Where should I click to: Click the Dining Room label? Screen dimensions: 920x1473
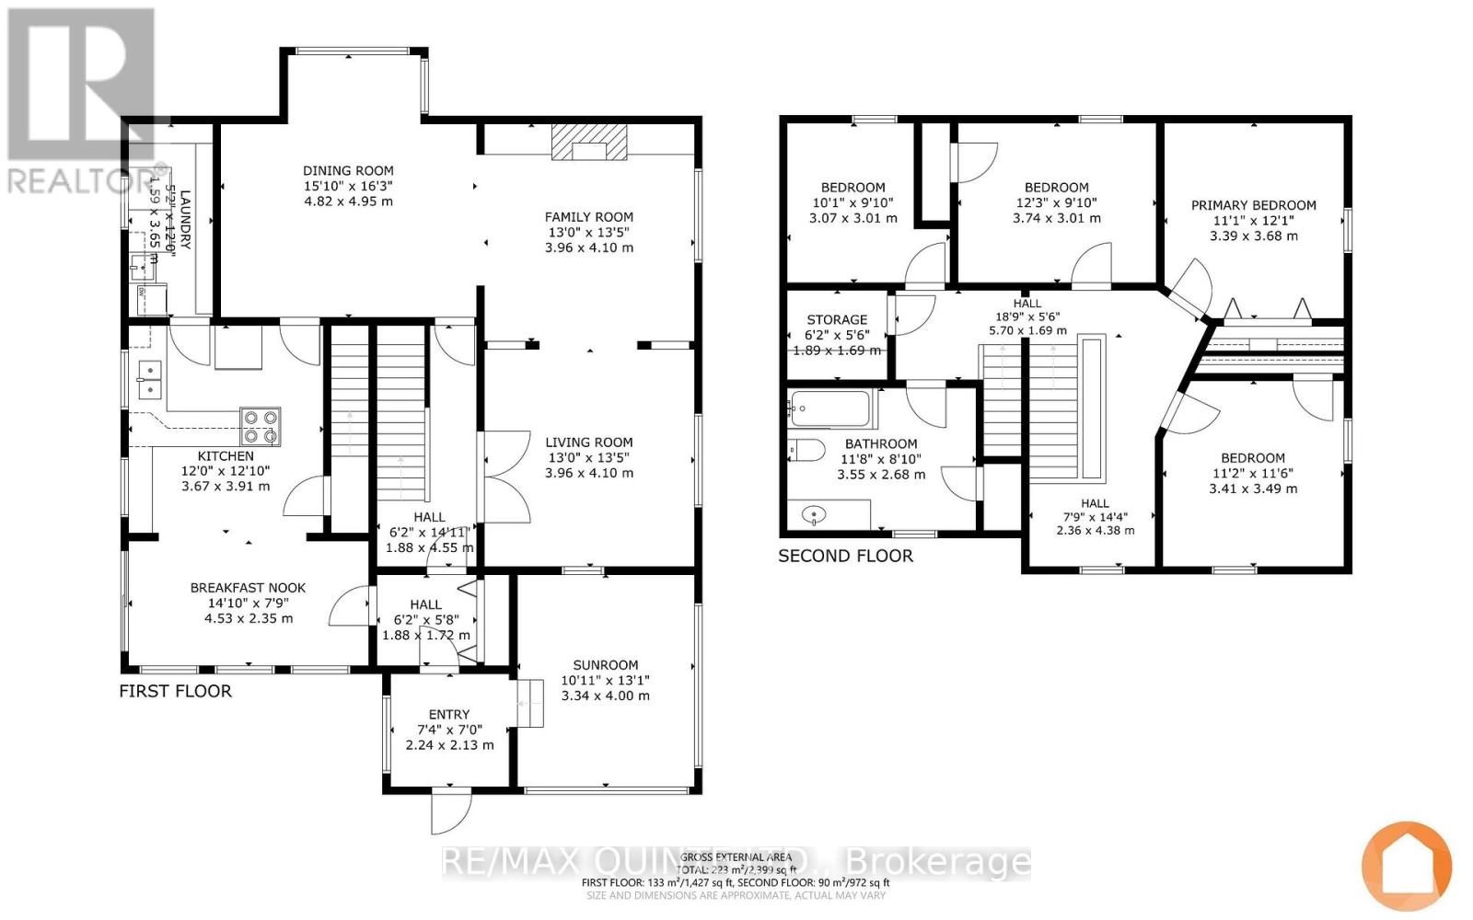click(x=348, y=170)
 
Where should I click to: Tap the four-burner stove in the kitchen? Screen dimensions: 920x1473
click(x=260, y=427)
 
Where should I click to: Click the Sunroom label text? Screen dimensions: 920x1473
click(x=605, y=664)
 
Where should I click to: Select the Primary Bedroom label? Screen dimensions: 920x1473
click(x=1253, y=205)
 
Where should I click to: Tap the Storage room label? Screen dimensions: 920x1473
click(x=837, y=320)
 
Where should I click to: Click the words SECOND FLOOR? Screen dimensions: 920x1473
click(x=845, y=556)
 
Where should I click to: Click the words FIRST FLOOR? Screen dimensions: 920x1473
click(x=175, y=691)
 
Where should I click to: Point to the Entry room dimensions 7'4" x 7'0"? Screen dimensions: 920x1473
click(x=448, y=730)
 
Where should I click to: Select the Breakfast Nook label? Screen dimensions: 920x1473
click(x=248, y=587)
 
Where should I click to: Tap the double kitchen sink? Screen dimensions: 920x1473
click(x=150, y=380)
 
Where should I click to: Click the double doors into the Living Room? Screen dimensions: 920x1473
click(x=502, y=477)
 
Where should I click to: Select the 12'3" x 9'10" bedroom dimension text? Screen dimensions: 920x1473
click(x=1056, y=202)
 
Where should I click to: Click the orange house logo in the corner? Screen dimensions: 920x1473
click(x=1406, y=865)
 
